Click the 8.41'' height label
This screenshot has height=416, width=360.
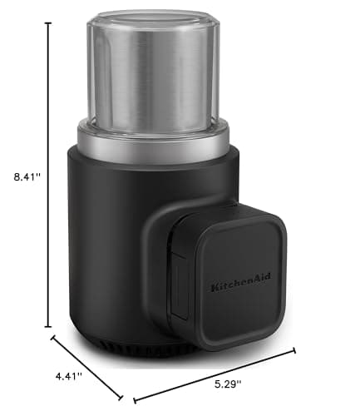coord(22,176)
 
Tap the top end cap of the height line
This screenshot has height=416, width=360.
coord(48,23)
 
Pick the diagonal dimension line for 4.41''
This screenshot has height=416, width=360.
coord(87,367)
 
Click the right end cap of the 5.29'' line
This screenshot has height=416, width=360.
coord(293,350)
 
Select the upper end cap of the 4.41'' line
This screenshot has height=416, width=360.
coord(53,336)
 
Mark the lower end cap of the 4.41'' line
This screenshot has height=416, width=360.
coord(122,398)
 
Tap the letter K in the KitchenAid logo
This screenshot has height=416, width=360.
coord(214,287)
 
